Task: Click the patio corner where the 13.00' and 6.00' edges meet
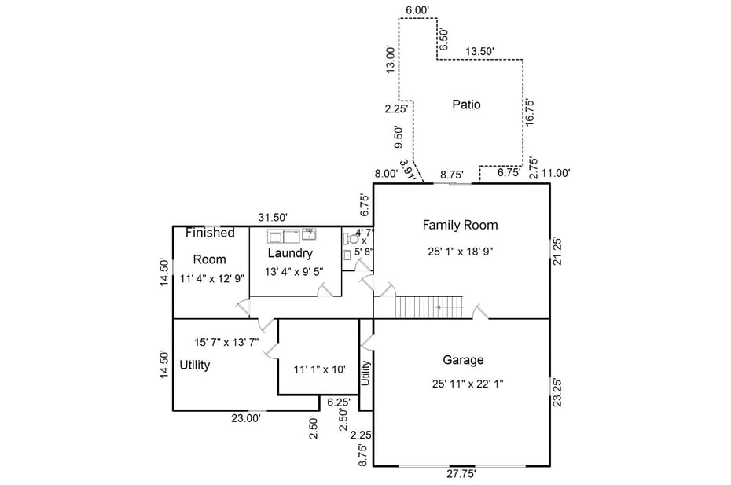(399, 19)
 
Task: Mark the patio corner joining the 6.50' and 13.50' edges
(437, 59)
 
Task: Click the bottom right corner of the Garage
(550, 466)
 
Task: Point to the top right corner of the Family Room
(550, 183)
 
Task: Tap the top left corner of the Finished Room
(174, 226)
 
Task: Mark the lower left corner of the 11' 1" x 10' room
(278, 395)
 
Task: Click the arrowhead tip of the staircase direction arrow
(436, 307)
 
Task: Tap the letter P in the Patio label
(455, 105)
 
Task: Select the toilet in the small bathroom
(351, 239)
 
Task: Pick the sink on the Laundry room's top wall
(309, 233)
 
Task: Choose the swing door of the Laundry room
(325, 289)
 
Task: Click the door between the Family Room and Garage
(480, 311)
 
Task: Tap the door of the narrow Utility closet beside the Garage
(366, 343)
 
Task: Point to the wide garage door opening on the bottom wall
(462, 466)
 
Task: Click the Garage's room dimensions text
(468, 384)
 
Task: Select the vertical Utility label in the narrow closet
(366, 373)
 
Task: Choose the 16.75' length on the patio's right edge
(530, 112)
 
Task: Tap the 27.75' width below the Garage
(461, 474)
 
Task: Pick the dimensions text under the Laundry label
(294, 271)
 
